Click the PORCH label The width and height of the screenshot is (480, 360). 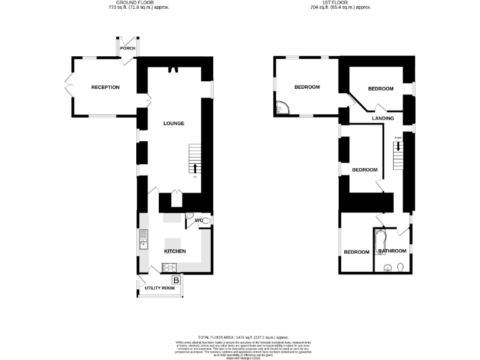point(127,48)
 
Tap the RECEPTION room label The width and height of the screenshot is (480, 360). point(105,87)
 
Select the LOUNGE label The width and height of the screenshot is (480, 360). point(173,123)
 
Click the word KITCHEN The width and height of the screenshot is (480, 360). point(175,251)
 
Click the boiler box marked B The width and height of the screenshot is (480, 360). point(176,281)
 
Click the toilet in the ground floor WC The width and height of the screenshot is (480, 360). point(190,217)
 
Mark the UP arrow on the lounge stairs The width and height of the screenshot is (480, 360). point(196,167)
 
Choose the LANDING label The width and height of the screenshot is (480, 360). point(382,118)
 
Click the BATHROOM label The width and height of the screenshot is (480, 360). point(392,251)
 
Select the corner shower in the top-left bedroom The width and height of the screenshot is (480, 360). point(281,109)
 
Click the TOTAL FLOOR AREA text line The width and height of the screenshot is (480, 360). point(239,337)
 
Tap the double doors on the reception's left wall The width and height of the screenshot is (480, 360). point(69,86)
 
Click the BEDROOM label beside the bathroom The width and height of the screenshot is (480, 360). point(356,252)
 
